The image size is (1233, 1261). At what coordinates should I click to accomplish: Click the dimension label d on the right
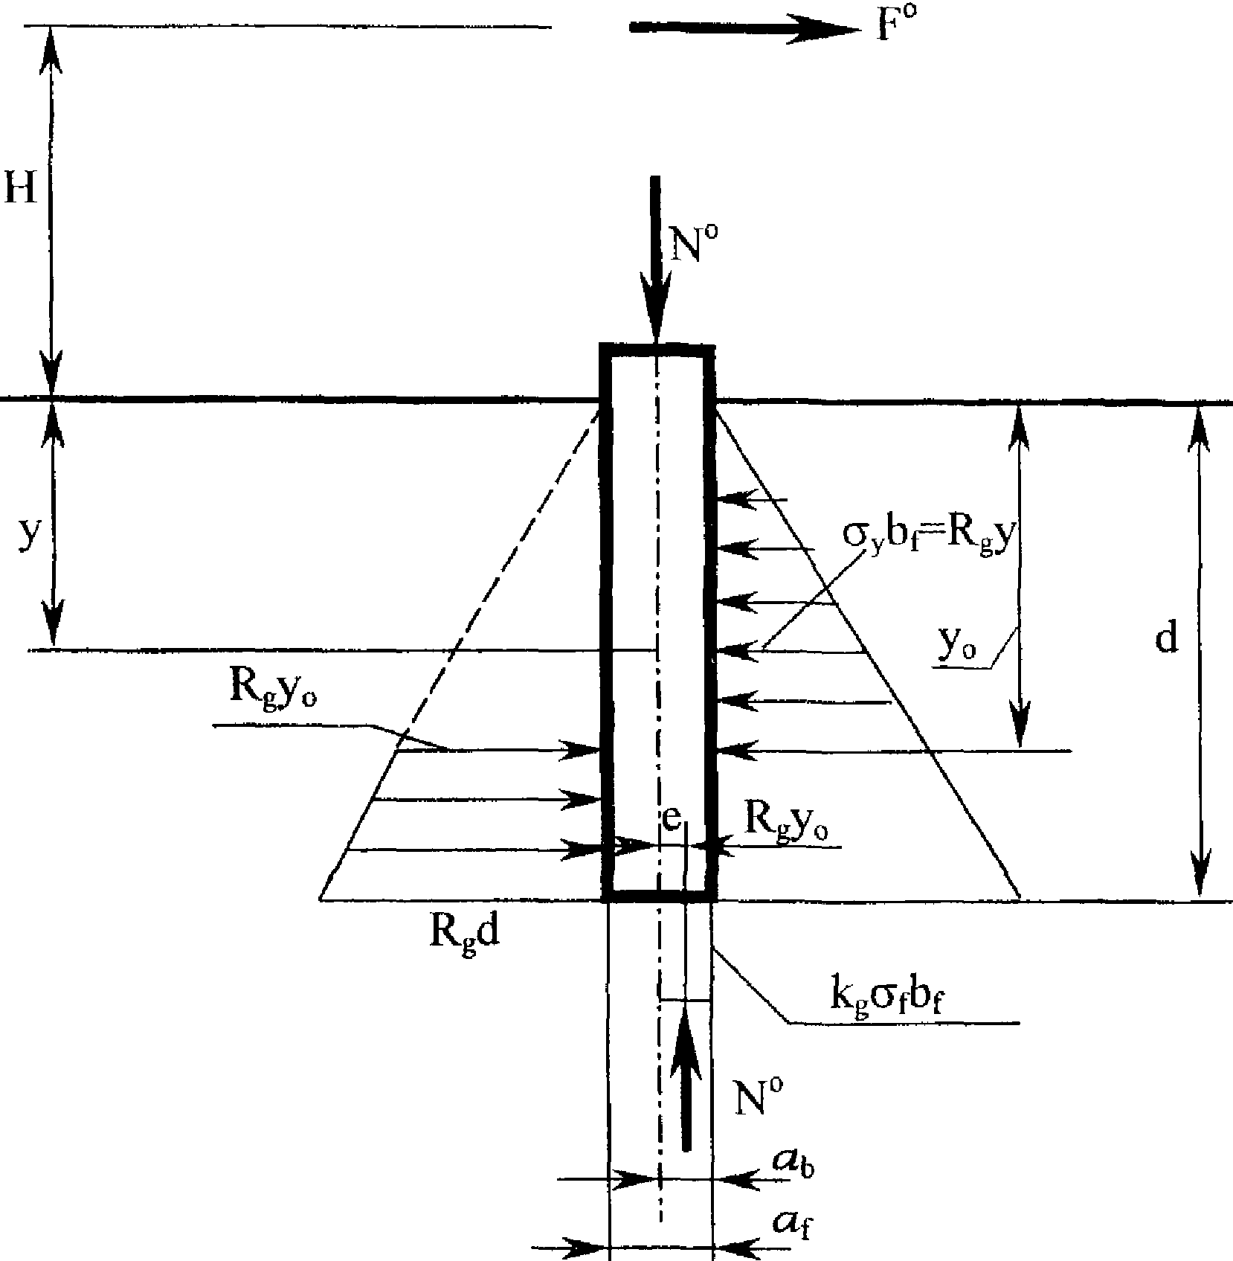click(1167, 638)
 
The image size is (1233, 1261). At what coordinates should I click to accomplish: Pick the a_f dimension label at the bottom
click(791, 1225)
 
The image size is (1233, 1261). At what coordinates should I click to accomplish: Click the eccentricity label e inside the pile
click(671, 821)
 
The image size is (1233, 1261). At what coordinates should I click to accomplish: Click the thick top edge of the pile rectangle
click(657, 350)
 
